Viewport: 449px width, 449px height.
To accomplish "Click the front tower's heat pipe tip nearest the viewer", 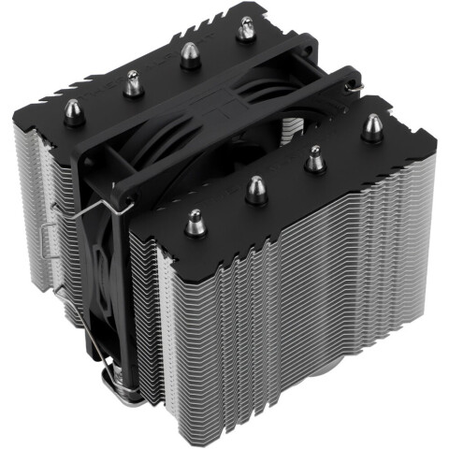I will pyautogui.click(x=196, y=223).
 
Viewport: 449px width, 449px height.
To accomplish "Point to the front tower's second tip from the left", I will pyautogui.click(x=255, y=190).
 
